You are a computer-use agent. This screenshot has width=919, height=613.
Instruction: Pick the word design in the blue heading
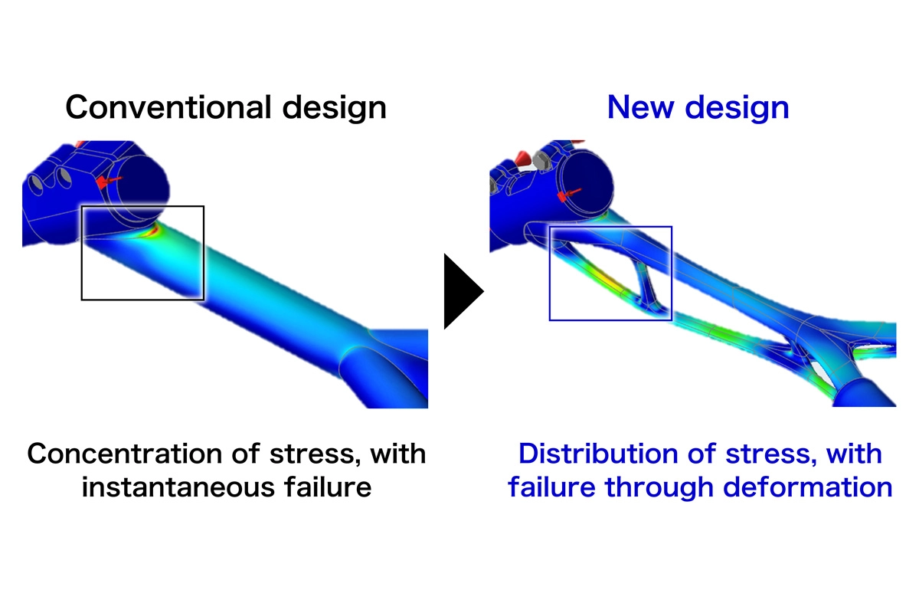(x=736, y=107)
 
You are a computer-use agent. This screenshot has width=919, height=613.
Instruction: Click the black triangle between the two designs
(x=462, y=291)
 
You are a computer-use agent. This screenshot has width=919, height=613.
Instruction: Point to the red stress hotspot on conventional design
(x=155, y=228)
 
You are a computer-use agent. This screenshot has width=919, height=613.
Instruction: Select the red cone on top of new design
(x=523, y=159)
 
